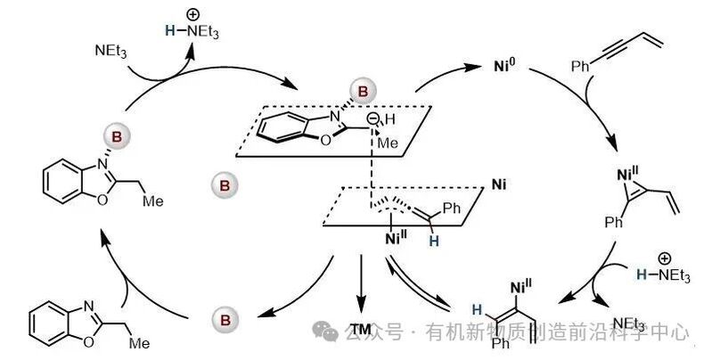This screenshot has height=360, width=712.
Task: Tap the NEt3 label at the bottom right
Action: pyautogui.click(x=629, y=323)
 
